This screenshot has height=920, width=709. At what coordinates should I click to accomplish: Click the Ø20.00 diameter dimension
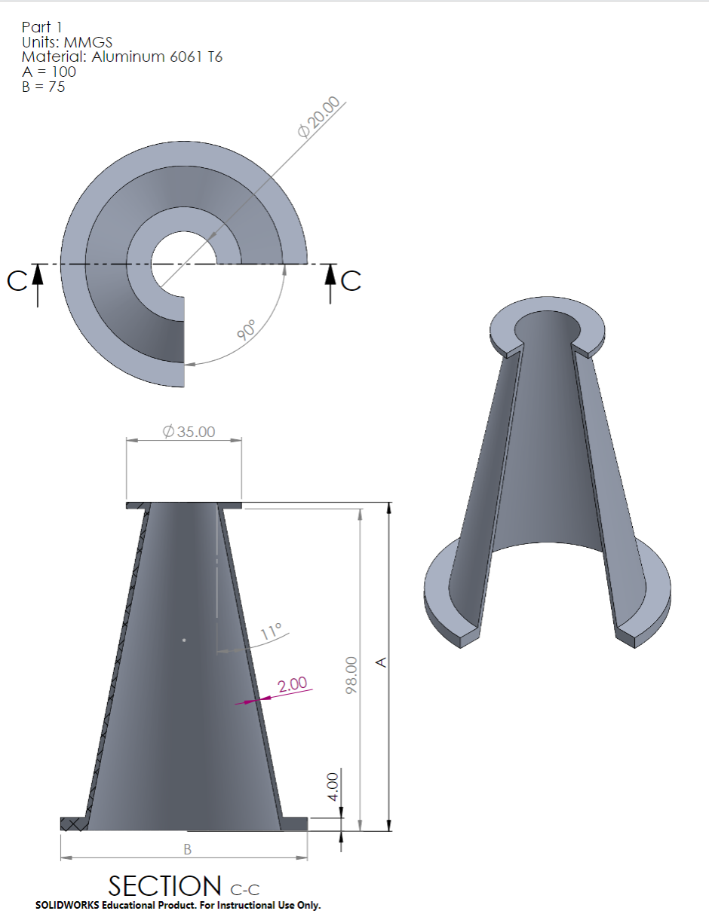point(323,118)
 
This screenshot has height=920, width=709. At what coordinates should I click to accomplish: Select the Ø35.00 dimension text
point(189,432)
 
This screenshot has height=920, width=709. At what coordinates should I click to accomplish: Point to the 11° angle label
point(271,631)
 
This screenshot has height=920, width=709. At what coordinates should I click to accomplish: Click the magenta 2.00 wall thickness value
point(293,685)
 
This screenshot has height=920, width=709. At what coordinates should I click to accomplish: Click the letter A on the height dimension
point(382,662)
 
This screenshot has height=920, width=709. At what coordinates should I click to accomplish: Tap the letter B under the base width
point(187,849)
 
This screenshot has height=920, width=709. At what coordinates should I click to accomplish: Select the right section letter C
point(351,280)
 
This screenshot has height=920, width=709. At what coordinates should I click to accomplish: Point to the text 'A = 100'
point(48,72)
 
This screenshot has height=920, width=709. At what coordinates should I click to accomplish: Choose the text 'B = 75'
point(43,87)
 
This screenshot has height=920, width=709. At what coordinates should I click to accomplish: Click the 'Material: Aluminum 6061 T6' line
point(121,57)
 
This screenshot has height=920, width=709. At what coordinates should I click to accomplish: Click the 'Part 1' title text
point(41,27)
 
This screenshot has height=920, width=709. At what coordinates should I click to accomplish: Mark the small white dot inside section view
point(184,640)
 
